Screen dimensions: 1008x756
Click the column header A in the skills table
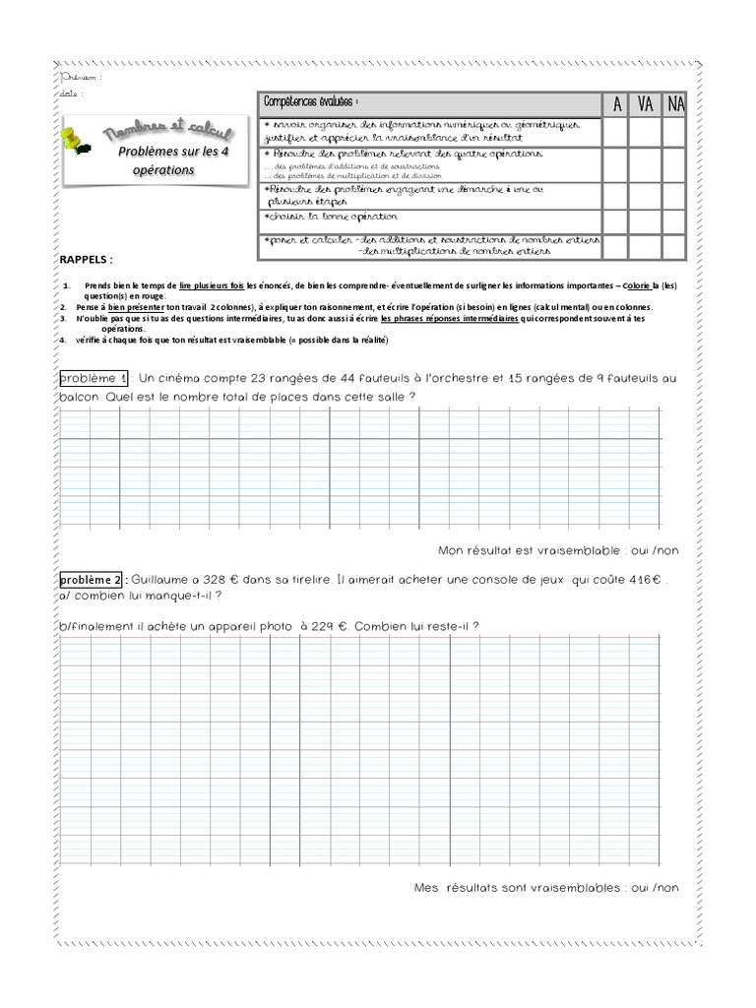[x=616, y=104]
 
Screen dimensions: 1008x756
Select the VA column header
[x=645, y=104]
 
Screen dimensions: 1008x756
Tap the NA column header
[x=674, y=104]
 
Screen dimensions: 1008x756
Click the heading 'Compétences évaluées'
[x=310, y=102]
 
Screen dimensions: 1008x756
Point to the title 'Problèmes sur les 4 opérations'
[x=159, y=160]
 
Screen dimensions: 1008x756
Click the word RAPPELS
[x=86, y=259]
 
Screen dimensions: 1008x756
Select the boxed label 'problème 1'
[x=94, y=379]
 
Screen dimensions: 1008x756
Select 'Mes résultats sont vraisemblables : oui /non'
[x=546, y=888]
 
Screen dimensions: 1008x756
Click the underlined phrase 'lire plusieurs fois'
[x=211, y=286]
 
